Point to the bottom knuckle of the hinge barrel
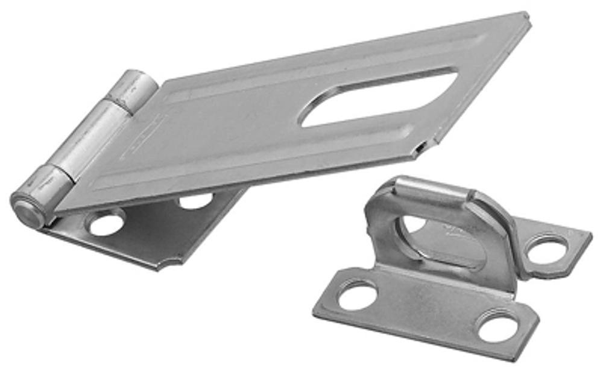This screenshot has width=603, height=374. click(48, 192)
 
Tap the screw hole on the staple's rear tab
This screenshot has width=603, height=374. click(548, 249)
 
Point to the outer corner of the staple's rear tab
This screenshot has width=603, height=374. click(590, 236)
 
